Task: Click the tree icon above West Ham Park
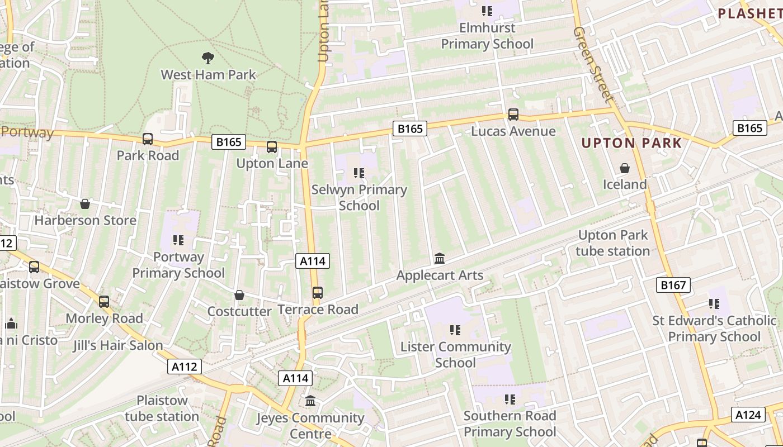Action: [x=207, y=58]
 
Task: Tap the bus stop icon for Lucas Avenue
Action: [x=513, y=115]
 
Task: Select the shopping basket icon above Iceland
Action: [x=624, y=168]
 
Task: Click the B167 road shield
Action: [x=673, y=285]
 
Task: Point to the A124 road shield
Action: [x=748, y=415]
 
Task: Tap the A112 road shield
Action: [x=184, y=367]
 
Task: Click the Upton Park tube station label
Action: [x=612, y=243]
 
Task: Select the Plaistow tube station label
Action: [x=162, y=408]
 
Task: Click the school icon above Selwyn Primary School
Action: [x=359, y=173]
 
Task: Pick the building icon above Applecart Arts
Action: [x=440, y=259]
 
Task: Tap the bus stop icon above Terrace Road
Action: [x=317, y=293]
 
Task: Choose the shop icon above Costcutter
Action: [x=239, y=295]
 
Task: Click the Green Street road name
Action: [x=593, y=64]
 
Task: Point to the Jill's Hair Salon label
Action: [x=117, y=345]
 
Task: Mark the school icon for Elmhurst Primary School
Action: [x=487, y=11]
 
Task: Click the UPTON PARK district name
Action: [x=631, y=143]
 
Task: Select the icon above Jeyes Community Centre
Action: [x=310, y=401]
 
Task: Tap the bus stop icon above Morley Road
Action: [x=104, y=302]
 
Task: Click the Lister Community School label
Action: [x=455, y=355]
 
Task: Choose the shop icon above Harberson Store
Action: [x=85, y=204]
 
